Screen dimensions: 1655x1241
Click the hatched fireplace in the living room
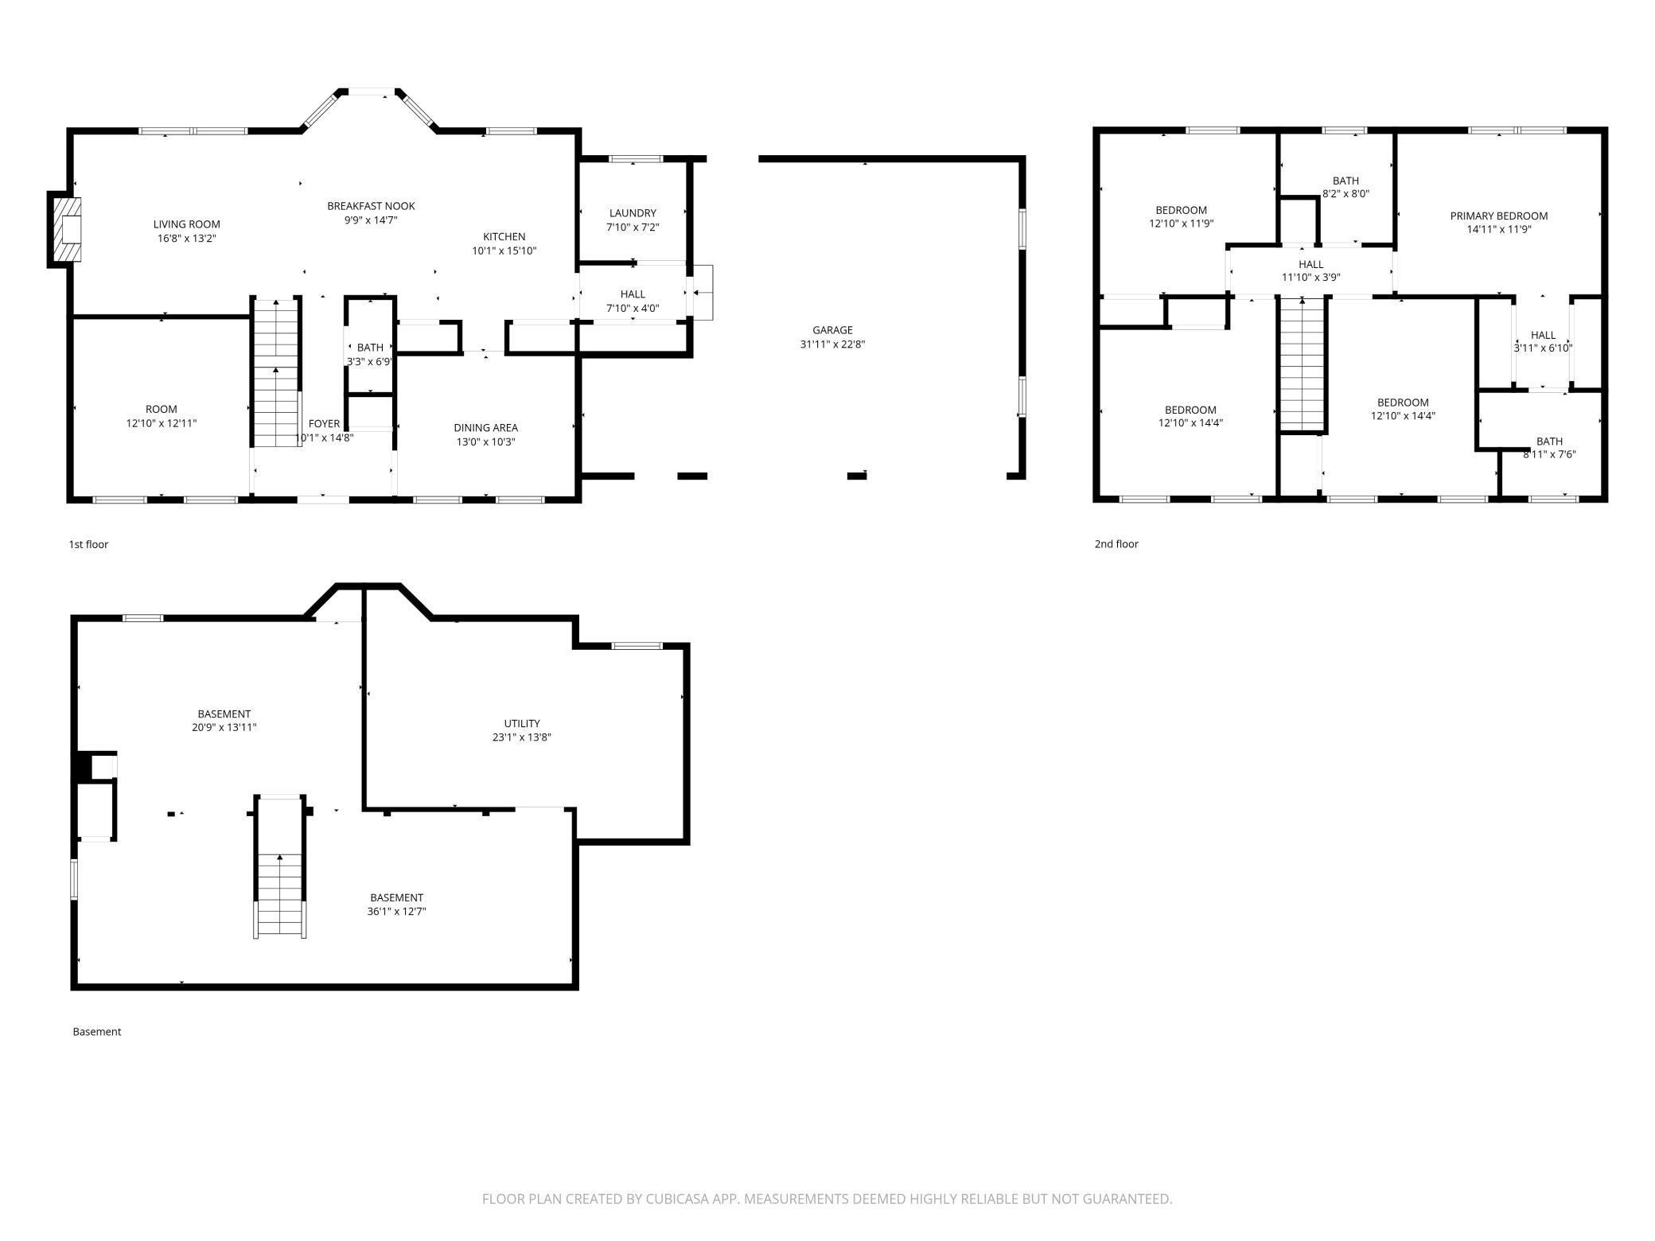67,229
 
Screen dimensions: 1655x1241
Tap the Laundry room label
633,213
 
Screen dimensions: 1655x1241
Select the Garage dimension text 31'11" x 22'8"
832,344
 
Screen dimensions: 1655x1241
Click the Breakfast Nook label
371,206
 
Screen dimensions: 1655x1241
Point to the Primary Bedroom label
1498,216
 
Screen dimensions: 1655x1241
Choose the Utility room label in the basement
521,723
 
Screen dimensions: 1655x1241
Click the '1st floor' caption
88,544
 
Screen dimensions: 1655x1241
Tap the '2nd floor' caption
1116,544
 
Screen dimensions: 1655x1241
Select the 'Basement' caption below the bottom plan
97,1032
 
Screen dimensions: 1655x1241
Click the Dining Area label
485,428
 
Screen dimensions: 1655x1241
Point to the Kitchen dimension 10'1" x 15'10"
504,251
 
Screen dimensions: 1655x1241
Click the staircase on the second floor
1302,364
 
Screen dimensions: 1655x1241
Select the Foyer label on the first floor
324,424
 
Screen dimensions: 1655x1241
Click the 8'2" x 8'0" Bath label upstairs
1345,193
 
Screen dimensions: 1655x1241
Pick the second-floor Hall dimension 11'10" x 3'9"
1310,278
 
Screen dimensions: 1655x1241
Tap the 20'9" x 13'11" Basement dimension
224,727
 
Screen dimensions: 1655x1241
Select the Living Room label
186,224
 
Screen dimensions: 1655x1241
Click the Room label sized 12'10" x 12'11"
161,409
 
